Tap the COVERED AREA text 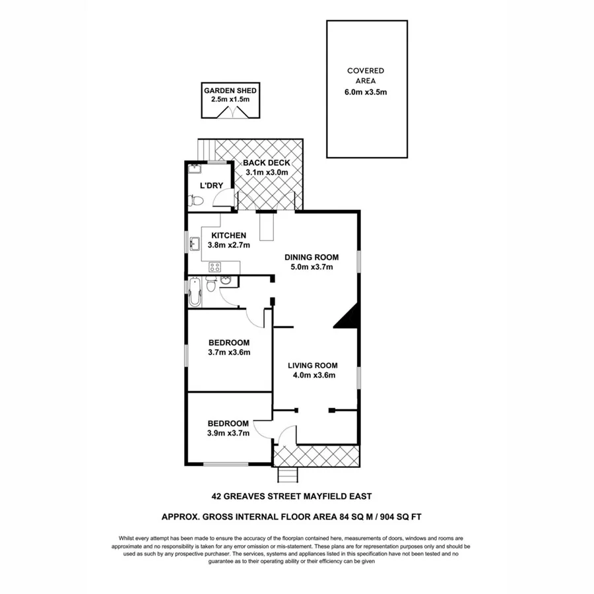point(366,76)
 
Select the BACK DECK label point(266,162)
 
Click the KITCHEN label point(228,236)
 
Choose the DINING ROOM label point(312,257)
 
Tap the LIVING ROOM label point(312,366)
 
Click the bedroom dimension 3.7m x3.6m point(229,352)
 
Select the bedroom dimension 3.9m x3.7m point(228,434)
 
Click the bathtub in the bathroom point(194,291)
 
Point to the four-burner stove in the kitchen point(215,267)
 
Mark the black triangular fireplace point(347,317)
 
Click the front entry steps point(286,474)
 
